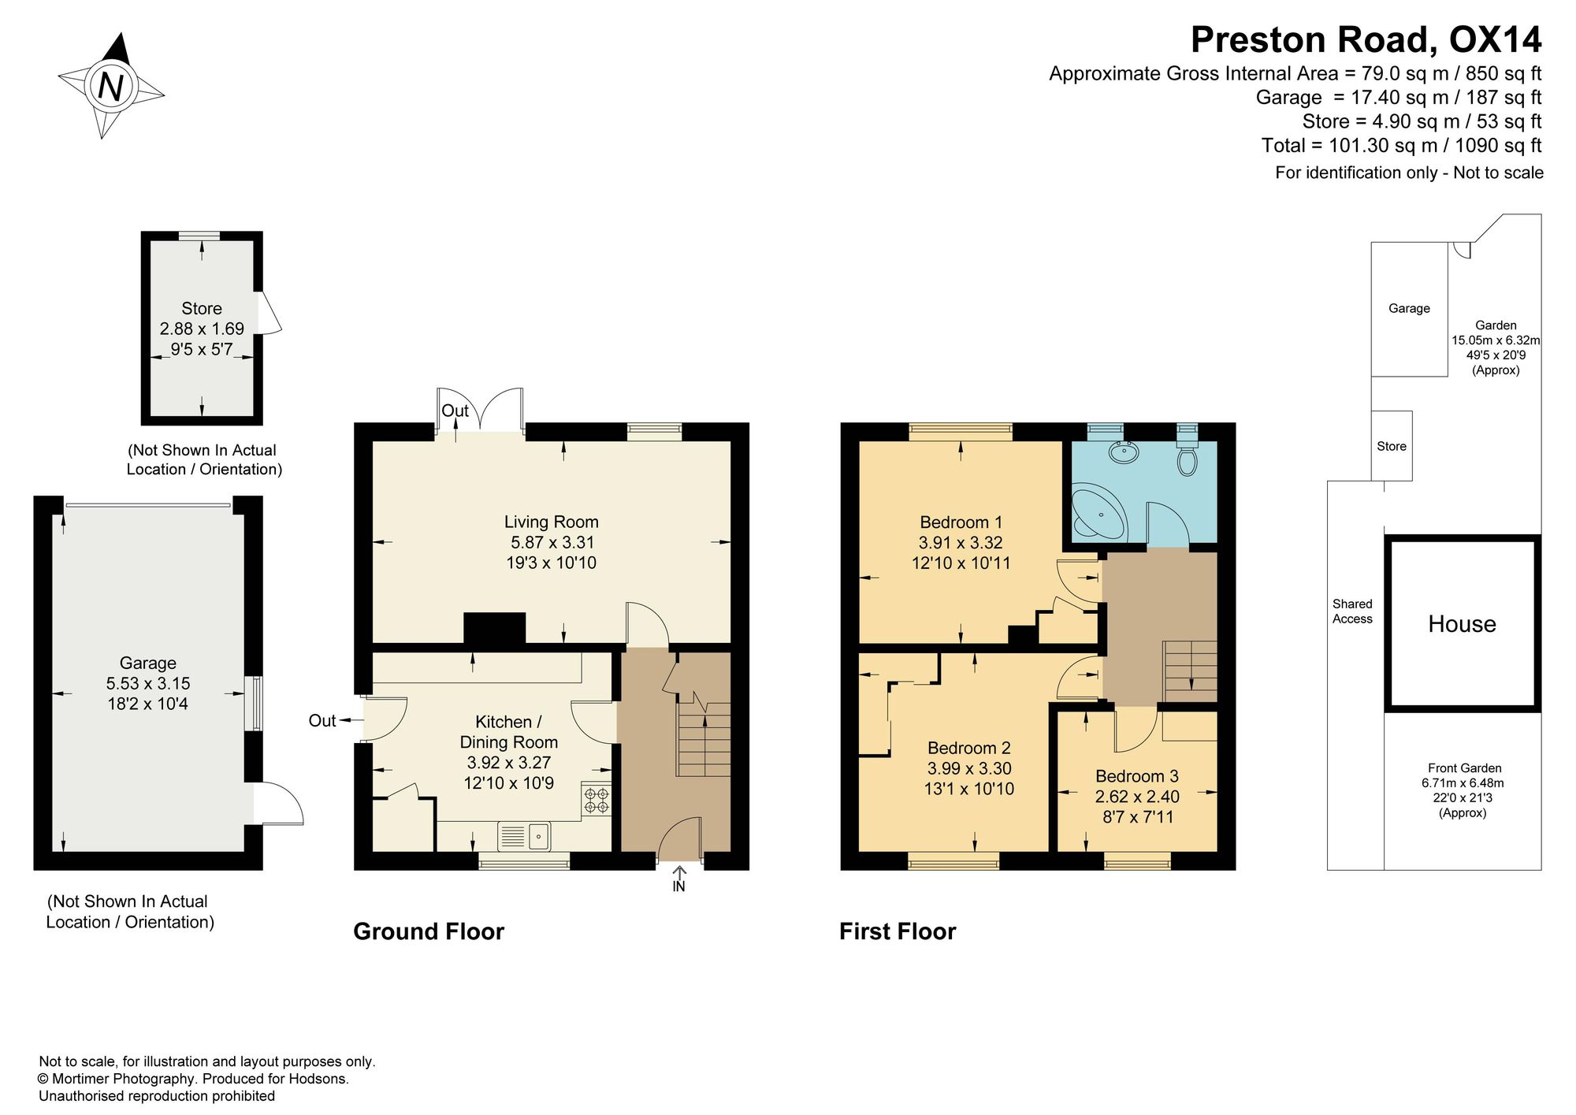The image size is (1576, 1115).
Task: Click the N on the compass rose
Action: click(110, 86)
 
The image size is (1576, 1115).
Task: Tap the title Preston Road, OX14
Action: click(1366, 39)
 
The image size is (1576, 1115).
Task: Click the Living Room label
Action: click(552, 522)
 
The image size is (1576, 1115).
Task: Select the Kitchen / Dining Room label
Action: click(508, 732)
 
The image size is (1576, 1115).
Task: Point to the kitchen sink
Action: click(524, 836)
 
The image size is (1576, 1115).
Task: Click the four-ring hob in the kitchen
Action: click(597, 801)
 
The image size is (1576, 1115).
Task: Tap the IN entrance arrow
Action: click(678, 879)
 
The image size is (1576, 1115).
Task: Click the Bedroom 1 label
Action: click(961, 522)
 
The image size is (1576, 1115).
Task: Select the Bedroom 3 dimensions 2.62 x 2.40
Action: click(1137, 797)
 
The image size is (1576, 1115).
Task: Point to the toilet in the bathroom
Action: click(1187, 454)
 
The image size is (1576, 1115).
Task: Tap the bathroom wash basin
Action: click(1122, 452)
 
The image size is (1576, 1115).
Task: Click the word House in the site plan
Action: click(1462, 624)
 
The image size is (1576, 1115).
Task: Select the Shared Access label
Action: click(1352, 611)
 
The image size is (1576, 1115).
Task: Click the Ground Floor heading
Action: click(429, 931)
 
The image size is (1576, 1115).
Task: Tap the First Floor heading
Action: click(898, 931)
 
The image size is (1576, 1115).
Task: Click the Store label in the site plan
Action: click(1392, 446)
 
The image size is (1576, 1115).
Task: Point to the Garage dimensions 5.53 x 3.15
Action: click(148, 684)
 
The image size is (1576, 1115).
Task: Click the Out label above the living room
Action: click(455, 411)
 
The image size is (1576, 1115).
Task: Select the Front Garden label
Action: click(1464, 767)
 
